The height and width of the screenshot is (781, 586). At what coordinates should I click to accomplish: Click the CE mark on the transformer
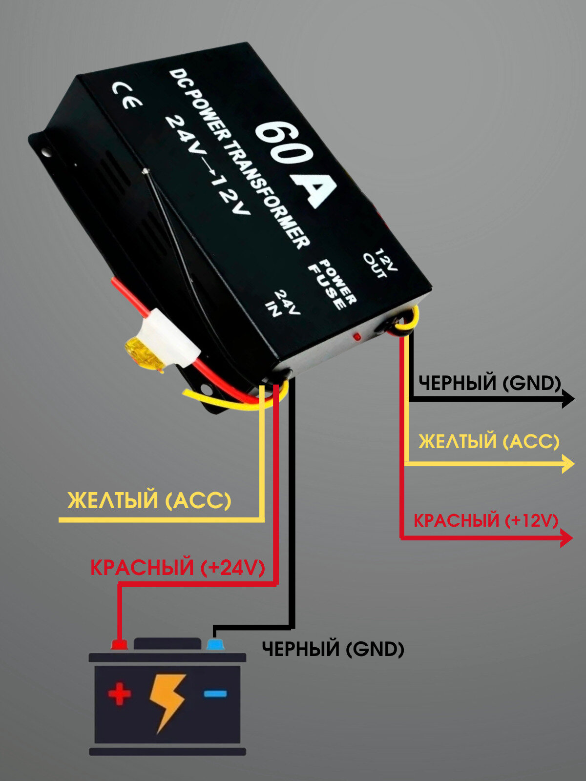(127, 95)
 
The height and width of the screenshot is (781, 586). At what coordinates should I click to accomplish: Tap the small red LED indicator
(357, 337)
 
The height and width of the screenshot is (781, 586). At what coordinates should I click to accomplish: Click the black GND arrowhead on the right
(568, 399)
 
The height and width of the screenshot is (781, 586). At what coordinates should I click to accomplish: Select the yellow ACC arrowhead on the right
(568, 463)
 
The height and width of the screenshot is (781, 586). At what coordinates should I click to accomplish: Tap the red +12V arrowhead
(566, 538)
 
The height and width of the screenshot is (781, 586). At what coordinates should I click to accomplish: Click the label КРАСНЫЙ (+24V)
(178, 568)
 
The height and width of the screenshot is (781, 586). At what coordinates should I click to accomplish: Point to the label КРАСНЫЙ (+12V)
(485, 520)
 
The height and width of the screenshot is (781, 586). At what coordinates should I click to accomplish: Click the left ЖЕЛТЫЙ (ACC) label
(149, 501)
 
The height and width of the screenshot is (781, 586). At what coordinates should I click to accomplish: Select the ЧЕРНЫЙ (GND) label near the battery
(333, 649)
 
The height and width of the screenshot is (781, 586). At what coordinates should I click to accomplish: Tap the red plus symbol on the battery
(120, 694)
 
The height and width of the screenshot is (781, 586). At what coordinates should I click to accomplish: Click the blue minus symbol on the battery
(215, 693)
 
